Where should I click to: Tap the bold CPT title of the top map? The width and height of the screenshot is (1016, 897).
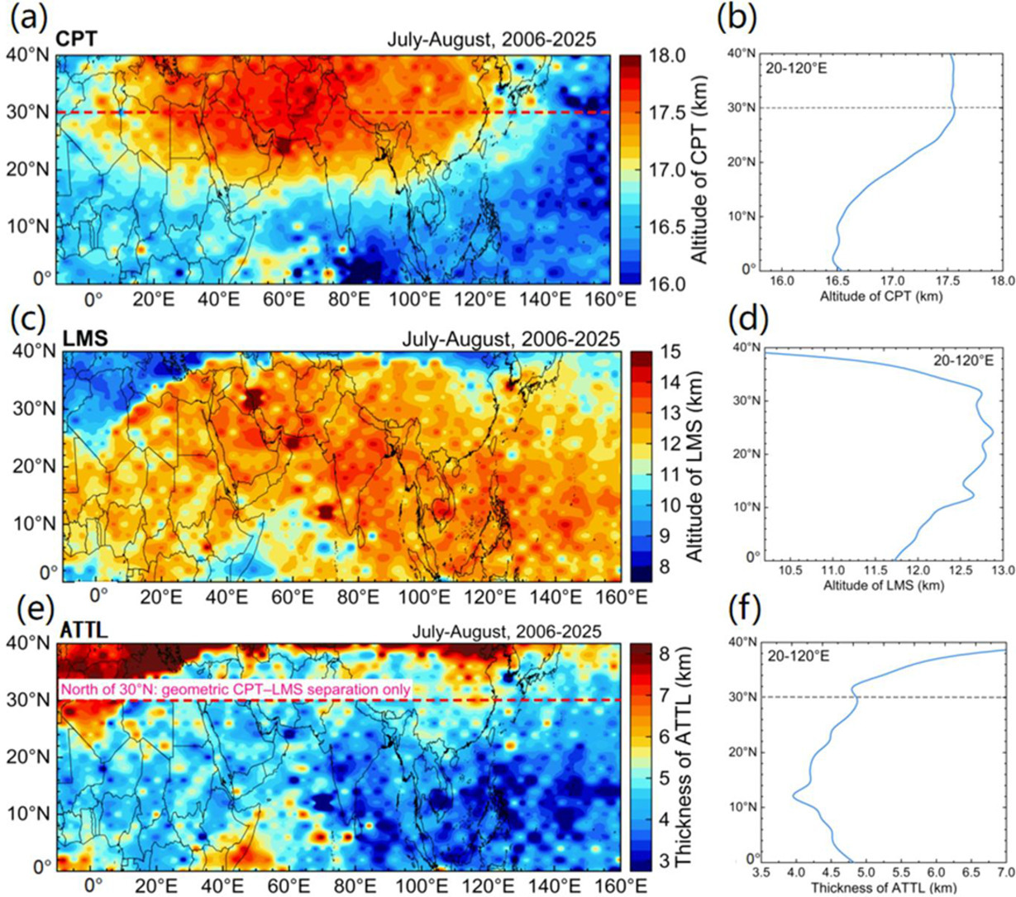tap(77, 39)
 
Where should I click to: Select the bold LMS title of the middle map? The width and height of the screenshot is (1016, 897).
tap(85, 338)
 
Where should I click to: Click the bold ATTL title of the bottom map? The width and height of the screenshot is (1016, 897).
tap(83, 631)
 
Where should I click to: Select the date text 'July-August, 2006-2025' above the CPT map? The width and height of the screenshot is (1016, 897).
tap(491, 39)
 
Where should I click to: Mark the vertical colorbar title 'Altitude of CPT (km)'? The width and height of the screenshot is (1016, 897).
tap(700, 169)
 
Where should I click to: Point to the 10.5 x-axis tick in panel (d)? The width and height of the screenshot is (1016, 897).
tap(791, 570)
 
